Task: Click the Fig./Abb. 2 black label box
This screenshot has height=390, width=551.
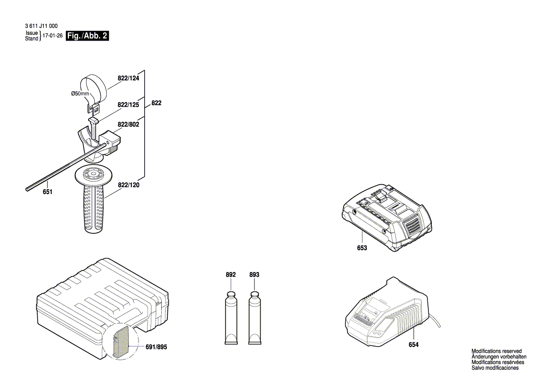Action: pyautogui.click(x=87, y=35)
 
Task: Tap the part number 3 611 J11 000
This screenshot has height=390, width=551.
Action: pyautogui.click(x=41, y=25)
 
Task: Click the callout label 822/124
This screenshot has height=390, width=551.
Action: pyautogui.click(x=128, y=78)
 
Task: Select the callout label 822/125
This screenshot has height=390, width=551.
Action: pyautogui.click(x=128, y=104)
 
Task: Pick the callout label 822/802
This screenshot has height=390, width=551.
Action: pyautogui.click(x=128, y=124)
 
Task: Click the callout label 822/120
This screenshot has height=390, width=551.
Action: pyautogui.click(x=128, y=185)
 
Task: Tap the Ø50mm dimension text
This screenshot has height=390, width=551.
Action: pyautogui.click(x=80, y=93)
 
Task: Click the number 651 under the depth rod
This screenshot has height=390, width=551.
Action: pyautogui.click(x=48, y=192)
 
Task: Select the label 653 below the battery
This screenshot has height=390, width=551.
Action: pyautogui.click(x=362, y=248)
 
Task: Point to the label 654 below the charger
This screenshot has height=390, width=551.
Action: pyautogui.click(x=413, y=345)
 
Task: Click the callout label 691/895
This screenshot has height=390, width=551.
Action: pyautogui.click(x=156, y=347)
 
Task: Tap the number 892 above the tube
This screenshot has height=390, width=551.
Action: pyautogui.click(x=231, y=274)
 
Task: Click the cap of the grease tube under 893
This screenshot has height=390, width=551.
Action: pyautogui.click(x=255, y=294)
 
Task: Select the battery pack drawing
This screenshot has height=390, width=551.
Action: pyautogui.click(x=386, y=217)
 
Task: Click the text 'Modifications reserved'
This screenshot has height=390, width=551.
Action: pyautogui.click(x=496, y=351)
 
